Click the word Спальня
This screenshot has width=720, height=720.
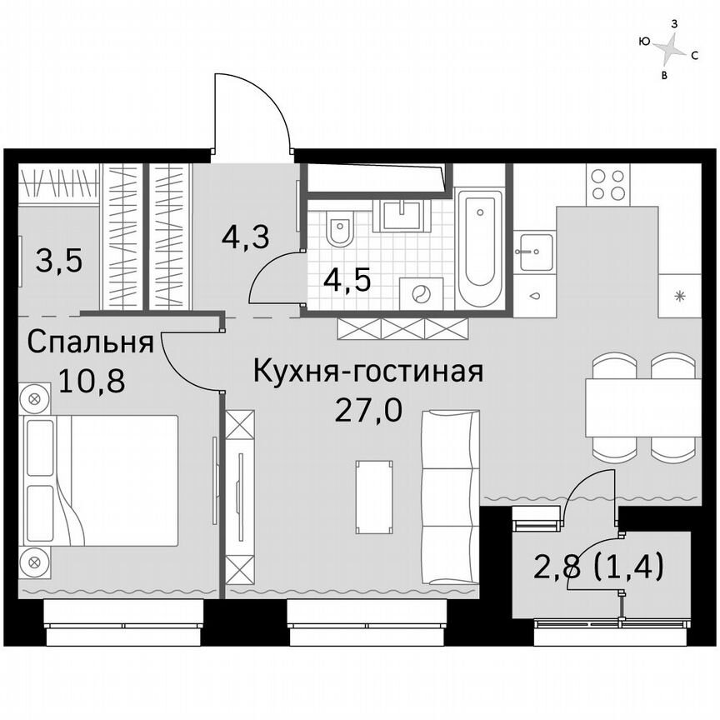pyautogui.click(x=89, y=342)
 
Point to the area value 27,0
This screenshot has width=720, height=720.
pyautogui.click(x=367, y=410)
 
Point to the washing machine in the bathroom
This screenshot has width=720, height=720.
pyautogui.click(x=422, y=293)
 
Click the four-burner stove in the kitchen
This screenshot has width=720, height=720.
pyautogui.click(x=607, y=184)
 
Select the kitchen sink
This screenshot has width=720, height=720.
pyautogui.click(x=533, y=251)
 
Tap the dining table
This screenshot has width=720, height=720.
pyautogui.click(x=642, y=407)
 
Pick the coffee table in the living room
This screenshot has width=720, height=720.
pyautogui.click(x=372, y=497)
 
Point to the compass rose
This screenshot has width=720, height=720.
pyautogui.click(x=668, y=49)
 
